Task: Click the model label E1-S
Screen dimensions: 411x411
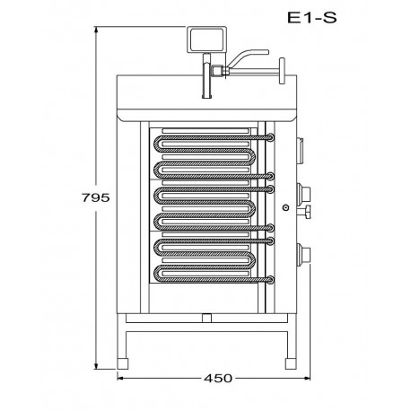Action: click(312, 18)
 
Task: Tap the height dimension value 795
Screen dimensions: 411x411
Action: click(96, 197)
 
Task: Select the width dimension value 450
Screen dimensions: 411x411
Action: click(218, 379)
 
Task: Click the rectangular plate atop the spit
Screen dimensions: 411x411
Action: click(206, 39)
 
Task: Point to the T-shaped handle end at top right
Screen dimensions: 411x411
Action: click(282, 71)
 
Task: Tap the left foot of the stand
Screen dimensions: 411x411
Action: click(122, 363)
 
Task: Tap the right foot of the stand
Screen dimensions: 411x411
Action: click(291, 363)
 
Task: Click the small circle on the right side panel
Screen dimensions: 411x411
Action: click(286, 207)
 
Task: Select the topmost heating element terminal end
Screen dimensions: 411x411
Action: click(270, 137)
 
